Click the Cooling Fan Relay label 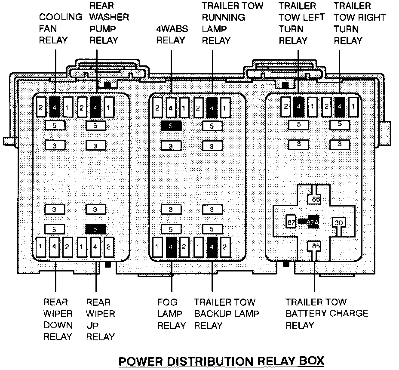(x=60, y=29)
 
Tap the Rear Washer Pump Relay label (x=109, y=23)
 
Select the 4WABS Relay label (x=171, y=35)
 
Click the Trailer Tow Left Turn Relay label (x=298, y=23)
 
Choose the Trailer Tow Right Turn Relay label (x=359, y=23)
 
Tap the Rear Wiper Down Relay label (x=58, y=319)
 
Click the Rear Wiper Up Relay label (x=101, y=319)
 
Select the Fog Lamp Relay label (x=172, y=314)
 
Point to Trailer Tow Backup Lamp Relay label (x=227, y=314)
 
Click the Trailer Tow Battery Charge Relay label (x=327, y=313)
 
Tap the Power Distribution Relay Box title (x=221, y=361)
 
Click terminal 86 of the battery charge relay (x=316, y=200)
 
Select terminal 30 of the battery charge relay (x=339, y=222)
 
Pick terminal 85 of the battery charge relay (x=316, y=247)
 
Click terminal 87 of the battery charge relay (x=291, y=222)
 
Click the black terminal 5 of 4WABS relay (x=171, y=126)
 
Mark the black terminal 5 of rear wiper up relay (x=95, y=228)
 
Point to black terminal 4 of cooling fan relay (x=55, y=107)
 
